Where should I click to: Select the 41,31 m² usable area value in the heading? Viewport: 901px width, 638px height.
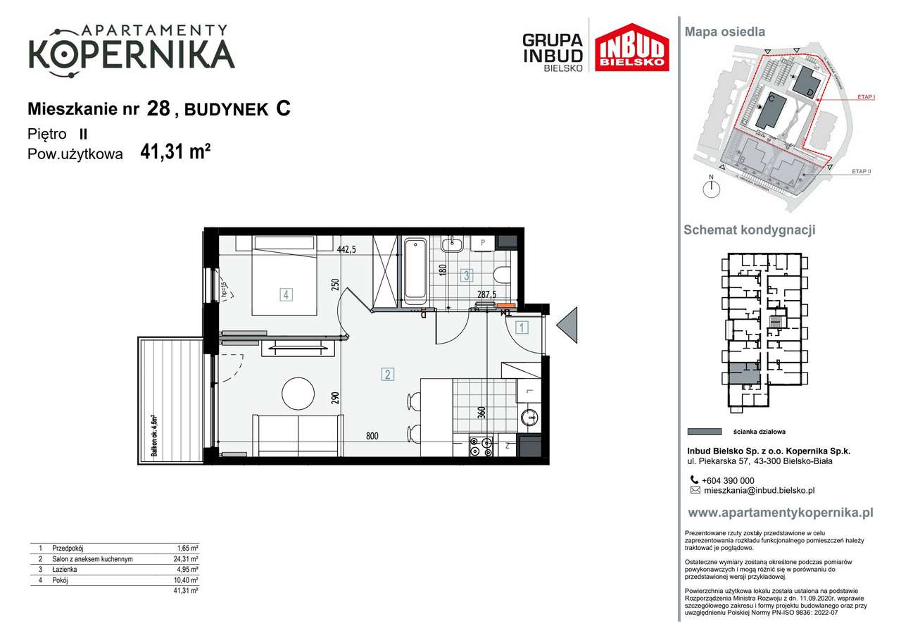click(x=175, y=152)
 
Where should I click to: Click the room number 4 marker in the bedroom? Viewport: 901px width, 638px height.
click(x=286, y=294)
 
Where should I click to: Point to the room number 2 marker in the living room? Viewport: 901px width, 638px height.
click(x=388, y=375)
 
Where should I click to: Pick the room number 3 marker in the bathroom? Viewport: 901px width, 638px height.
click(x=466, y=275)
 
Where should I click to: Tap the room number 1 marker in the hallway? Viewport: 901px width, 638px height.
click(x=522, y=327)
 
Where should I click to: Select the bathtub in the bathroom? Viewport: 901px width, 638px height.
click(x=415, y=270)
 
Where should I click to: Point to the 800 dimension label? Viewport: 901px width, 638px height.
click(x=371, y=437)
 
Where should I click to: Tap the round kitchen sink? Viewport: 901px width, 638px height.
click(x=529, y=418)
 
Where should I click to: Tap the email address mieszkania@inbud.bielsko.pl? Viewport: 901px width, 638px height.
click(x=759, y=490)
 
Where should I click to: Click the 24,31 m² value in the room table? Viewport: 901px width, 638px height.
click(x=187, y=559)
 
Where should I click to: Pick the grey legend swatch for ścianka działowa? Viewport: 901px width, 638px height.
click(x=703, y=432)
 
